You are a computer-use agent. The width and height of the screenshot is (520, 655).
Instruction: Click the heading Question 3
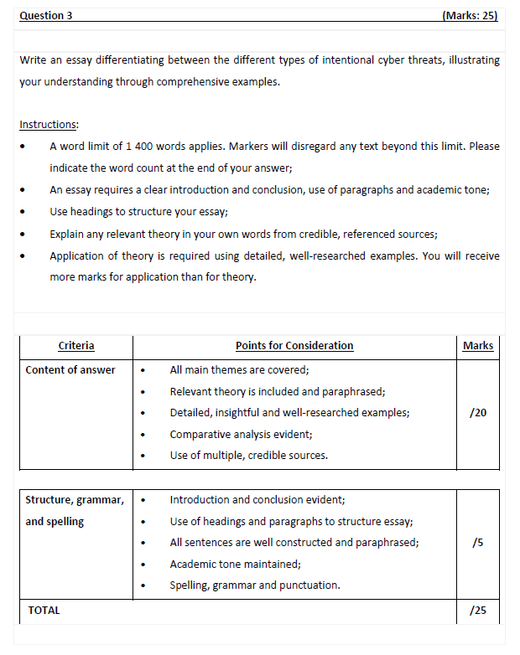coord(46,16)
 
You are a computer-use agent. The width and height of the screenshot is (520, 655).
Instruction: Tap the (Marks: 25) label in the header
coord(469,16)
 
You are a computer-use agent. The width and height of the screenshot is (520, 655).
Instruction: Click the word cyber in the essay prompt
coord(360,60)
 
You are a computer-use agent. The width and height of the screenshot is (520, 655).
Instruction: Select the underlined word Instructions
coord(49,125)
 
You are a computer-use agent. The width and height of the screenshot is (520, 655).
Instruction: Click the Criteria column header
coord(76,346)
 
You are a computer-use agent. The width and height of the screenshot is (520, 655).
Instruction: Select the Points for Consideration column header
coord(294,346)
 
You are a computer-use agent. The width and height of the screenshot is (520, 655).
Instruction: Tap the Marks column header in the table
coord(477,346)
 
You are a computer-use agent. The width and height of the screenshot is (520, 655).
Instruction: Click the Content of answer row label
coord(70,370)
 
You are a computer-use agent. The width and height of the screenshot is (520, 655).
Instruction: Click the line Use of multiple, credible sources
coord(248,456)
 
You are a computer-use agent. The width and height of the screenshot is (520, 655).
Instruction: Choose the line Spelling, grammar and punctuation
coord(255,585)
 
